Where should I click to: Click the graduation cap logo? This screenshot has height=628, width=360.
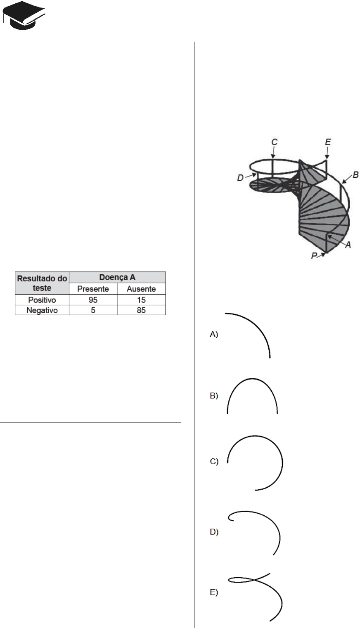pos(24,15)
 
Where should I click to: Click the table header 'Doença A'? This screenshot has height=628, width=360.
pos(117,277)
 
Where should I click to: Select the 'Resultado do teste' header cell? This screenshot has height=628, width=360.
pos(42,283)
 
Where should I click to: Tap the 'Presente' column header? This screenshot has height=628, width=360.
pos(93,289)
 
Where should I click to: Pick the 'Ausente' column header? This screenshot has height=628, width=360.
pos(141,289)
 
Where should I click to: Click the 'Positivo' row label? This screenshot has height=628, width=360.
pos(42,300)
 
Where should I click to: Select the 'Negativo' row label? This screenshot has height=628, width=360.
pos(42,310)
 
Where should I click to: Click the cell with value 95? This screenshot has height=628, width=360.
pos(93,300)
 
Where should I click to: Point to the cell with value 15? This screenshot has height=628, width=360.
pos(141,300)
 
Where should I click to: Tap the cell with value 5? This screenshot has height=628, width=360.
pos(93,310)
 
